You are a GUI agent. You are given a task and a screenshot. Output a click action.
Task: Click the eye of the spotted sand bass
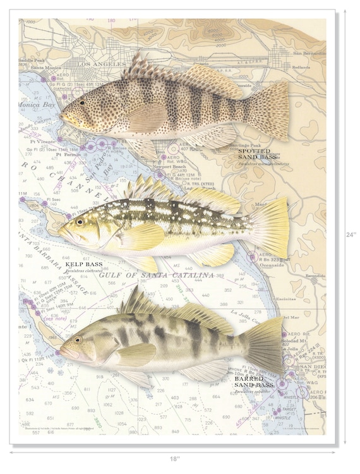[81, 102]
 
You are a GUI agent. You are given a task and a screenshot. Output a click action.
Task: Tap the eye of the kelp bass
[80, 221]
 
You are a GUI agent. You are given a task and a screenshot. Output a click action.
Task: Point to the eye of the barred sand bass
[78, 340]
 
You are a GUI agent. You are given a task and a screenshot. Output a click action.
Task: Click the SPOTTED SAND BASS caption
[255, 155]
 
